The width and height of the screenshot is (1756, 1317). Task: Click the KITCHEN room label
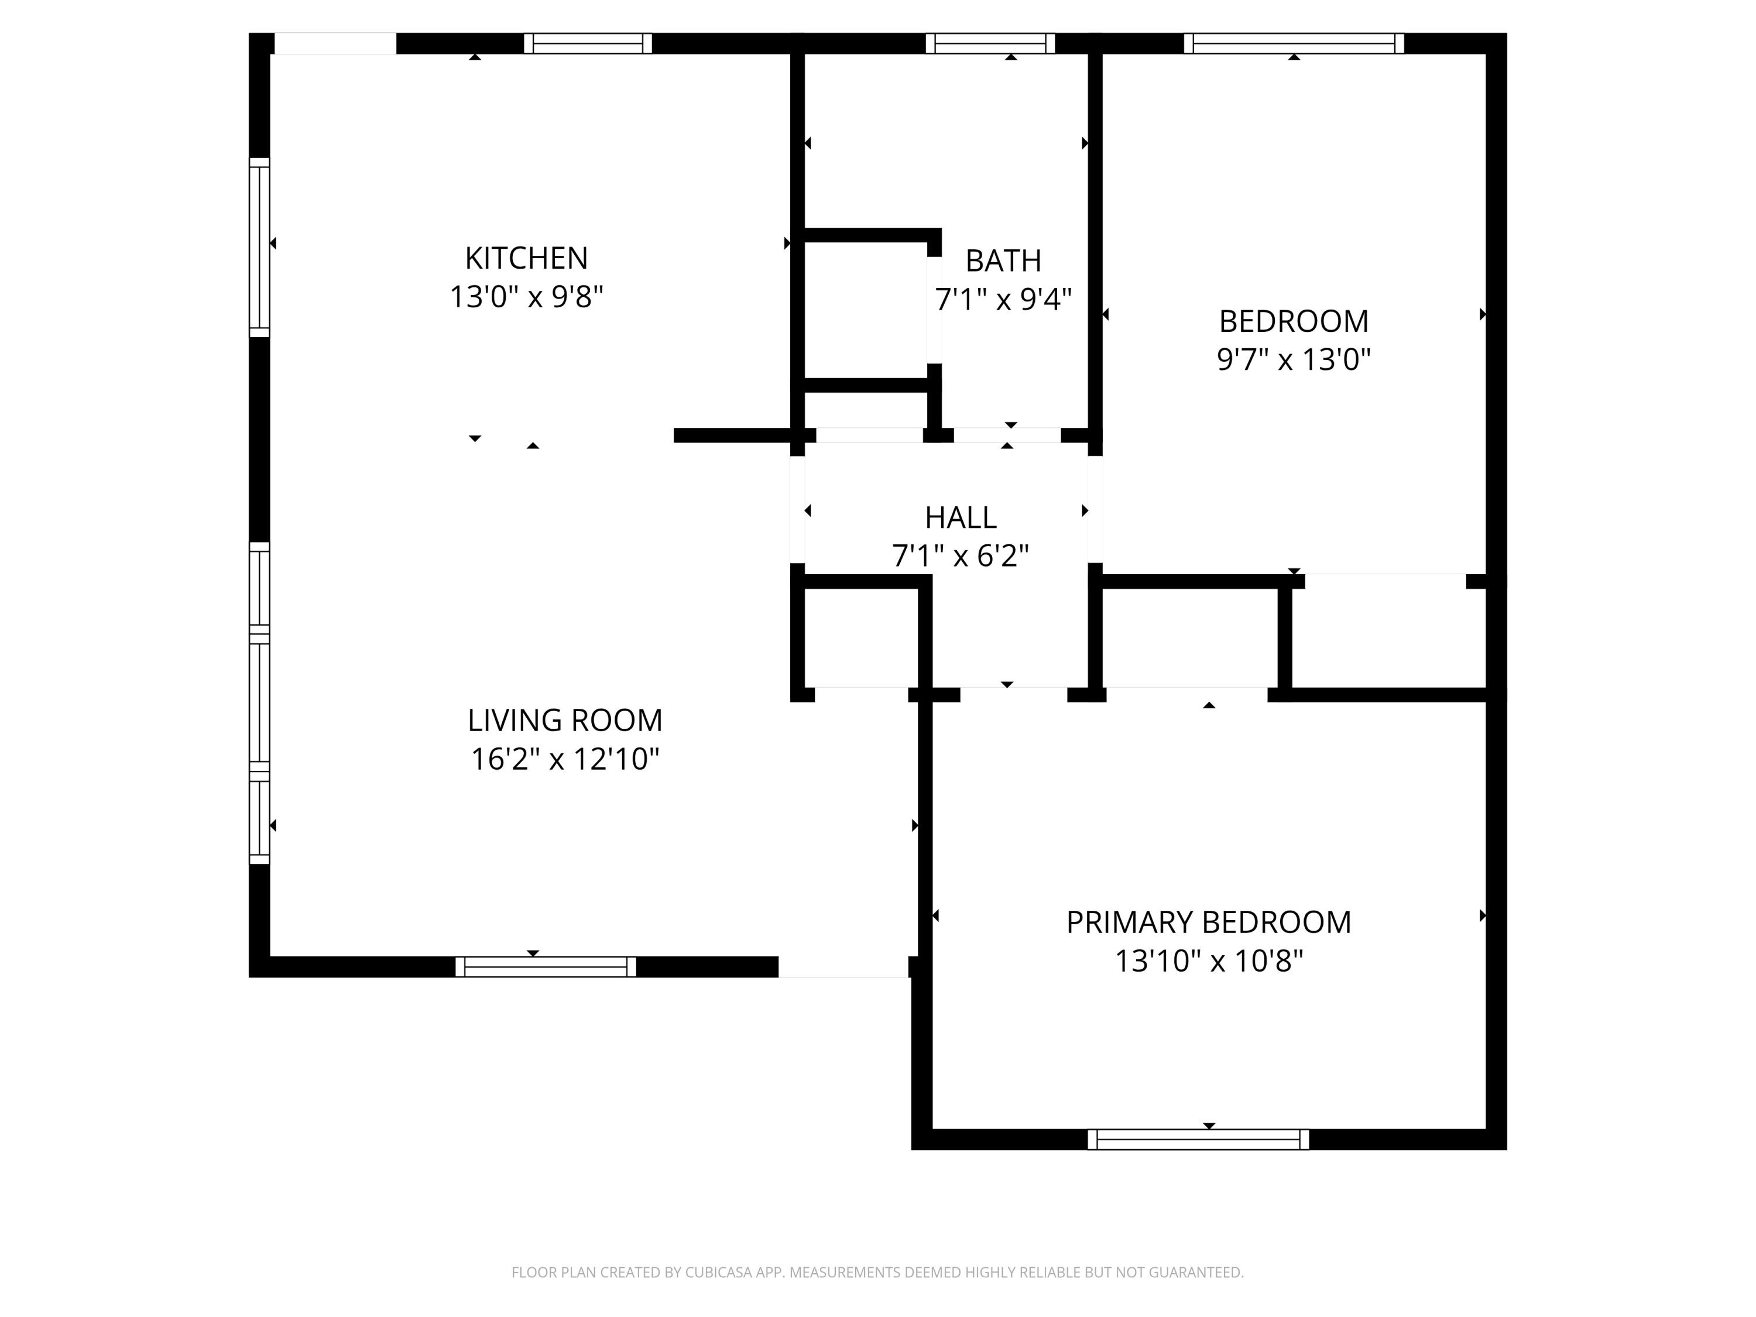tap(526, 258)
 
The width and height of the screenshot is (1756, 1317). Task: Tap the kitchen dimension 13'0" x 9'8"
tap(526, 297)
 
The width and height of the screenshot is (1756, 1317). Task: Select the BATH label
tap(1003, 260)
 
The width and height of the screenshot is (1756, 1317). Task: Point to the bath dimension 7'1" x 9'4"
tap(1003, 299)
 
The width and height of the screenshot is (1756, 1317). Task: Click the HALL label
tap(960, 517)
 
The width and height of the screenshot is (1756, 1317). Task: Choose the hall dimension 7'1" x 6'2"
tap(960, 555)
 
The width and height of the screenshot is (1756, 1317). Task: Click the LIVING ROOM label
tap(564, 720)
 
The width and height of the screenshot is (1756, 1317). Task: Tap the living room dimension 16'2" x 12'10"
tap(564, 759)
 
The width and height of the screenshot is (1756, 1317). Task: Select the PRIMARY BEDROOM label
tap(1208, 922)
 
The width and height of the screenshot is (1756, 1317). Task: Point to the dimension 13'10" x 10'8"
tap(1208, 961)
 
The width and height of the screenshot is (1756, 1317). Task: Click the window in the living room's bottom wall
tap(546, 966)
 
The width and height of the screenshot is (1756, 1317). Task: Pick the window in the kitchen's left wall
tap(259, 247)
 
